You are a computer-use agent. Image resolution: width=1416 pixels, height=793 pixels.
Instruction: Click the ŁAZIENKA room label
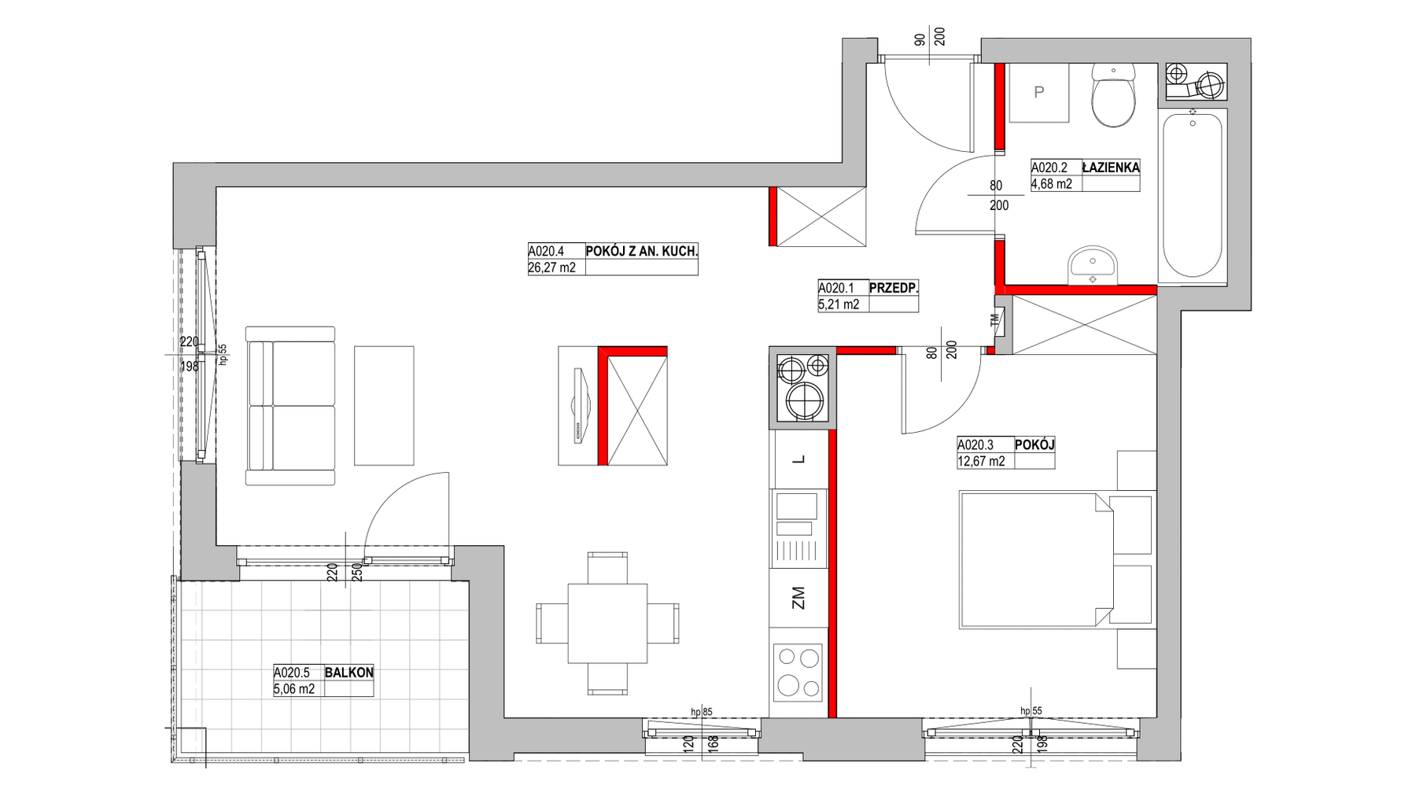[x=1111, y=168]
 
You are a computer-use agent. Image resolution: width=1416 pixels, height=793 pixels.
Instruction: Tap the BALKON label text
[x=348, y=673]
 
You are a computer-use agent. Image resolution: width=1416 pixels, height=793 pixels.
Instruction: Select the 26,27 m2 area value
[x=551, y=267]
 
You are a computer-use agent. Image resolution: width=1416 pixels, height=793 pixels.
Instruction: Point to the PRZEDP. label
[x=894, y=288]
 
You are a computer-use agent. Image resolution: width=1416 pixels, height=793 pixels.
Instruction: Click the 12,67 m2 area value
[x=981, y=462]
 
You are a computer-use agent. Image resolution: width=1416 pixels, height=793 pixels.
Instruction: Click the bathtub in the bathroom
[x=1193, y=195]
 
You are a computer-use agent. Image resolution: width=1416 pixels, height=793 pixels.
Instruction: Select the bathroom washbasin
[x=1093, y=266]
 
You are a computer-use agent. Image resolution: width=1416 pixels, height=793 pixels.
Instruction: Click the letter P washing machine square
[x=1038, y=93]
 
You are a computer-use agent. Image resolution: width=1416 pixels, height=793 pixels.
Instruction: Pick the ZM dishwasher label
[x=799, y=598]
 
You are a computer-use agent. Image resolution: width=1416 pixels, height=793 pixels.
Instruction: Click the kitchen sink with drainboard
[x=799, y=528]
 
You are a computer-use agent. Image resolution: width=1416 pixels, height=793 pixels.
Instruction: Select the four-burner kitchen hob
[x=799, y=673]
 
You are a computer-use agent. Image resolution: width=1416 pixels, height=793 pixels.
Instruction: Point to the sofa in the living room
[x=290, y=406]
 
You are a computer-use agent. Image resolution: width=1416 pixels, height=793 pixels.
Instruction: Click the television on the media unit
[x=581, y=406]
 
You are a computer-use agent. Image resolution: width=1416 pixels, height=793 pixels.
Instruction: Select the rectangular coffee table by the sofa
[x=384, y=406]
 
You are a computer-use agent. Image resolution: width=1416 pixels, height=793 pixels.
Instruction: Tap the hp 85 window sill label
[x=701, y=712]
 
